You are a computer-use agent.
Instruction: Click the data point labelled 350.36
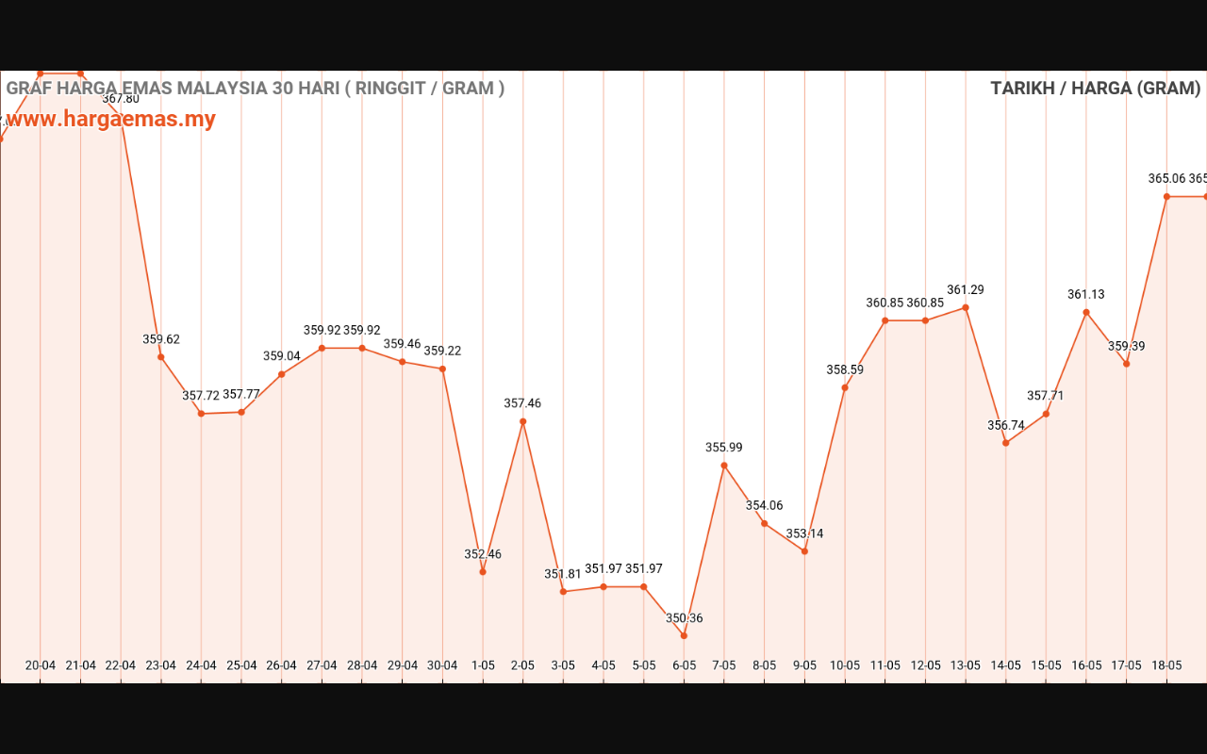point(684,635)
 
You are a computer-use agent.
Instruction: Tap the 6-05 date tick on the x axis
point(684,665)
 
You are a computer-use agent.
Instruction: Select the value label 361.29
point(965,290)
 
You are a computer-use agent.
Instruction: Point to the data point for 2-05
point(523,421)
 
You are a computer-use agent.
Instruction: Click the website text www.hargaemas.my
point(110,120)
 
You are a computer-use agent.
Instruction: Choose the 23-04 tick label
point(161,665)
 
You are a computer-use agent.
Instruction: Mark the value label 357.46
point(522,403)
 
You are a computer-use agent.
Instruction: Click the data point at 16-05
point(1086,312)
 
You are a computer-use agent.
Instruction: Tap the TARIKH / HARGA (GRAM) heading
point(1095,89)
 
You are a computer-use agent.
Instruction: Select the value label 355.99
point(724,448)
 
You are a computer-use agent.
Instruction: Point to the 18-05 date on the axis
point(1166,665)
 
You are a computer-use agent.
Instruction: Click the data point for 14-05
point(1006,443)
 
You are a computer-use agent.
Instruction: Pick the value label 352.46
point(483,554)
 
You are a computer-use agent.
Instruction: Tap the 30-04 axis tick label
point(442,665)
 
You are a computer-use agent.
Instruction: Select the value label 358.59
point(845,370)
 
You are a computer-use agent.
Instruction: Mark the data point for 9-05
point(804,551)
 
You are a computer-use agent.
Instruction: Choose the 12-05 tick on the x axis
point(925,665)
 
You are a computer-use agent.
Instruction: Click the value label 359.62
point(161,339)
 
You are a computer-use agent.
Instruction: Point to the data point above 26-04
point(282,374)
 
